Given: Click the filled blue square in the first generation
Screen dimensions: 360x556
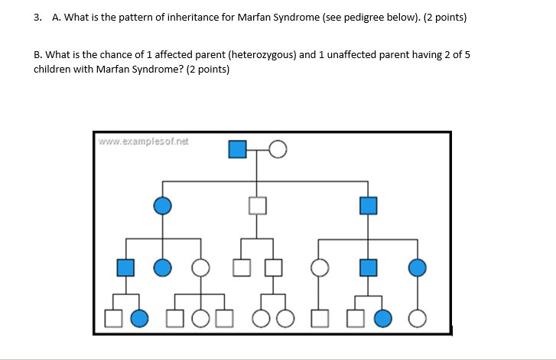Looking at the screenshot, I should [238, 150].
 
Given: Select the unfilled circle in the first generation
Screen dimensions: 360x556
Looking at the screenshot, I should [278, 150].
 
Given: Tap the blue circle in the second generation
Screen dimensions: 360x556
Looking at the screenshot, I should [162, 205].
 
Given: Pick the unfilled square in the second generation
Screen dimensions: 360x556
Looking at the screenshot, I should [258, 205].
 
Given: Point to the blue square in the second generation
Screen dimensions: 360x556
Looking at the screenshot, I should [369, 205].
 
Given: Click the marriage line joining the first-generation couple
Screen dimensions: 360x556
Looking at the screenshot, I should [258, 150].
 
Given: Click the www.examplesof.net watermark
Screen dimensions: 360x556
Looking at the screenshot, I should [144, 141].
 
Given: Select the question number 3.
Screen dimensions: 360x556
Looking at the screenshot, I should [37, 17].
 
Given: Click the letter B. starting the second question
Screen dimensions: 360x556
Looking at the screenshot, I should [38, 55].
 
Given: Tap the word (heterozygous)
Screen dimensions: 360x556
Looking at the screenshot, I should [262, 55].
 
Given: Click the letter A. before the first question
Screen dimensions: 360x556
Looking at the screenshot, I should [56, 17].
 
